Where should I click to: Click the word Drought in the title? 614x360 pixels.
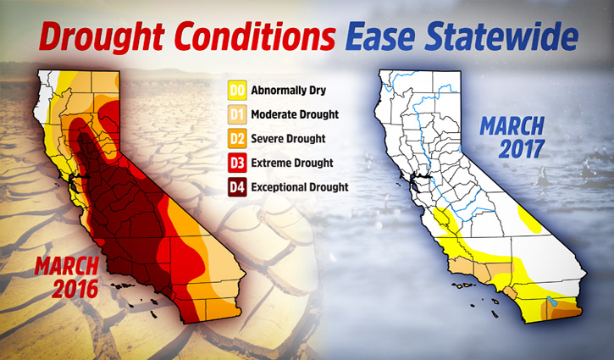(x=101, y=36)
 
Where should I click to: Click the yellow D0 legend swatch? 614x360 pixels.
(x=237, y=91)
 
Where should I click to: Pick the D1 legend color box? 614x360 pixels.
(x=237, y=115)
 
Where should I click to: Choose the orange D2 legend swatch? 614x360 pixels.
(x=237, y=139)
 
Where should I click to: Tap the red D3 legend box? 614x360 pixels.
(x=237, y=163)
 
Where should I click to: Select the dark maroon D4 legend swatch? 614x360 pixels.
(x=237, y=187)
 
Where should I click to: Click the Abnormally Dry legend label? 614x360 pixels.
(x=289, y=91)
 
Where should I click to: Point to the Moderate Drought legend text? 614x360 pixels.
(x=295, y=115)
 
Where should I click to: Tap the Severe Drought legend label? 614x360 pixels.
(x=288, y=139)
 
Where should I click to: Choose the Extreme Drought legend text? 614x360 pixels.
(x=292, y=163)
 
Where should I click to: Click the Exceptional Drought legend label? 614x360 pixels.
(x=300, y=187)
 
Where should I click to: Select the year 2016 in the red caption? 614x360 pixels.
(x=75, y=290)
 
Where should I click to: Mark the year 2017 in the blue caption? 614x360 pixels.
(x=521, y=149)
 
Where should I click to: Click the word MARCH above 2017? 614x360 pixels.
(x=512, y=126)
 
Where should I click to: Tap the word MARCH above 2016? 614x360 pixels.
(x=66, y=267)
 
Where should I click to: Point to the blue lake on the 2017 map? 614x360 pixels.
(x=551, y=301)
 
